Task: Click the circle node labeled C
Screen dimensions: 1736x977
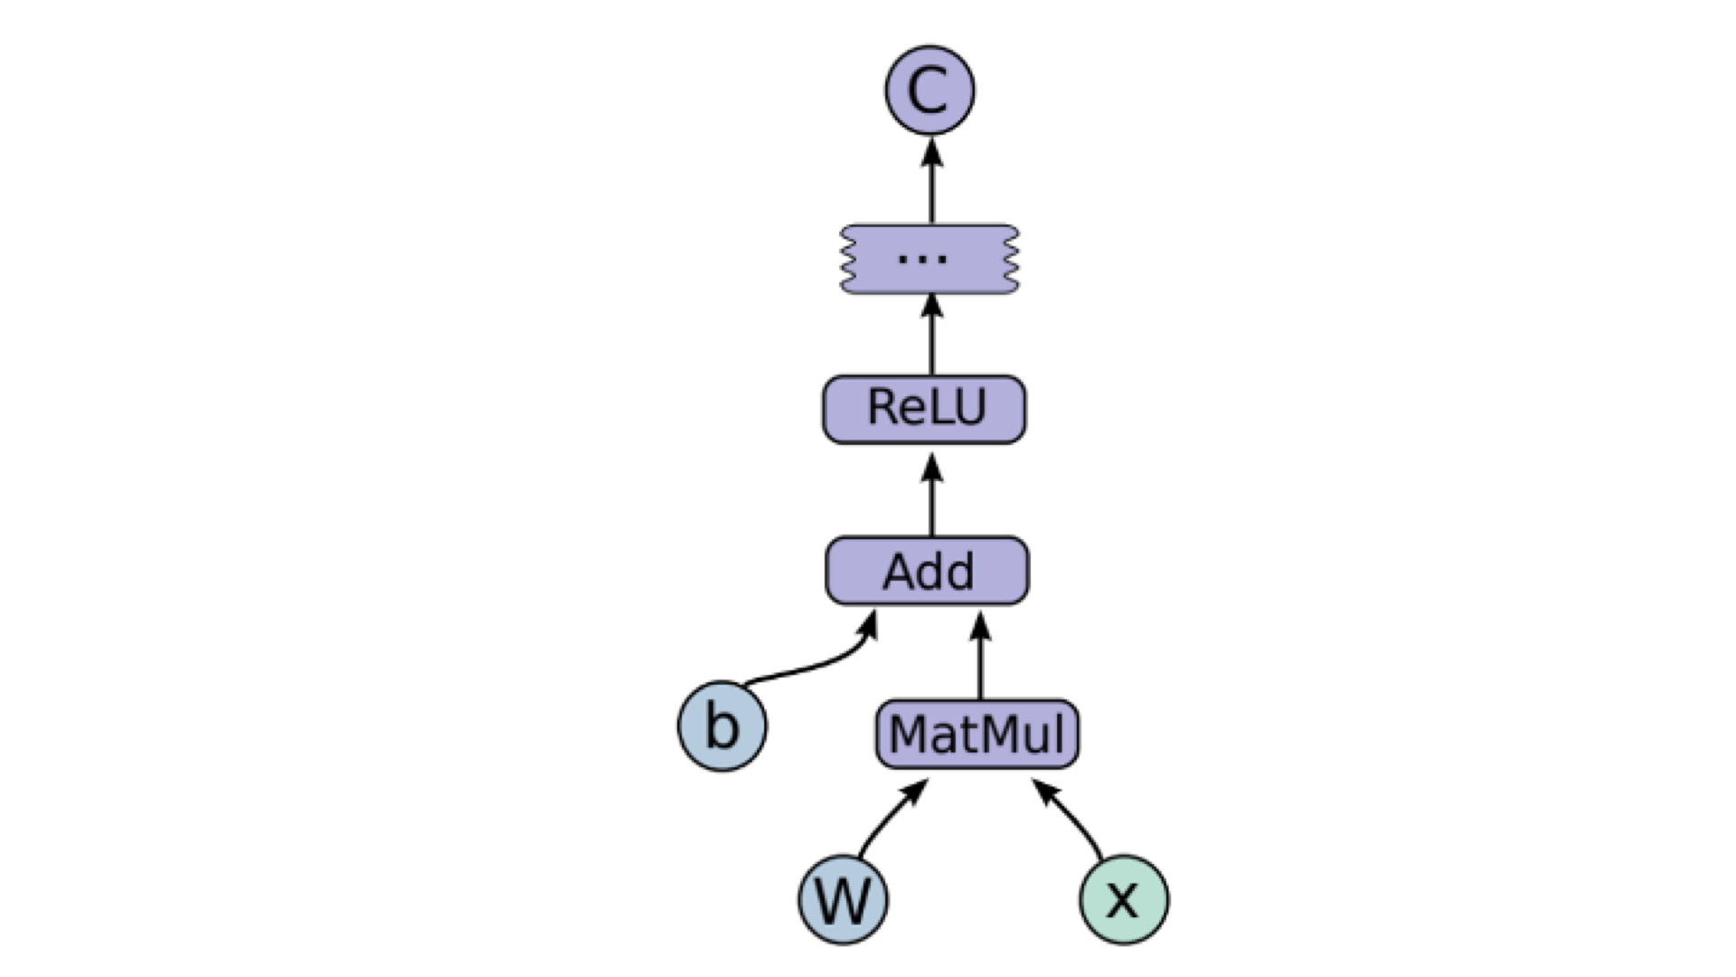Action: click(929, 90)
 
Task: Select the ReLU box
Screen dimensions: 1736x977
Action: click(924, 409)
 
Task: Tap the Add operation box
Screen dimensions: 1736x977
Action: click(927, 571)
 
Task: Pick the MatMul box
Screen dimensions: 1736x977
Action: click(976, 734)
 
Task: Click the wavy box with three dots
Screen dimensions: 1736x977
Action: click(929, 259)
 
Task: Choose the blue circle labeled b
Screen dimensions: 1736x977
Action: click(722, 726)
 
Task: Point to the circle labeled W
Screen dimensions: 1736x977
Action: click(843, 899)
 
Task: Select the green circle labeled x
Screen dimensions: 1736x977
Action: click(1124, 899)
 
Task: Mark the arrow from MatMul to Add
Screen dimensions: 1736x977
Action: click(981, 655)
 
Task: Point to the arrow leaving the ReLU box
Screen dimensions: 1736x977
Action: click(932, 334)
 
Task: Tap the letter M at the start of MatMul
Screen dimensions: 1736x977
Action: click(906, 734)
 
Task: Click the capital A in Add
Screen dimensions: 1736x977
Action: click(901, 572)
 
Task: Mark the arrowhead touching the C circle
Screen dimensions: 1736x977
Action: click(932, 152)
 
